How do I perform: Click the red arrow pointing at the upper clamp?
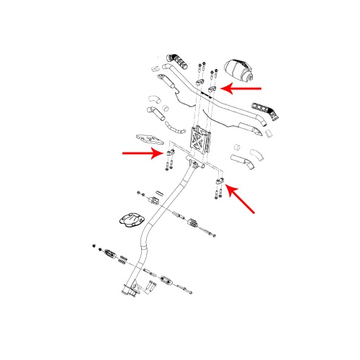tap(242, 89)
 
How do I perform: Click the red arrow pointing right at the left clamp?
tap(141, 153)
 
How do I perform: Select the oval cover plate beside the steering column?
tap(130, 219)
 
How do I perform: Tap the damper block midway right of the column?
tap(192, 224)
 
